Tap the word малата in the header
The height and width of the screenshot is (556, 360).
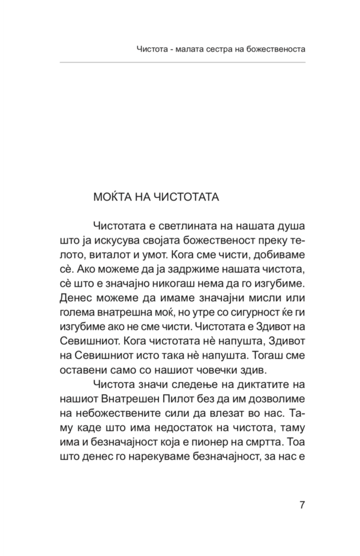178,47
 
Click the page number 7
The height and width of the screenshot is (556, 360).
302,503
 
